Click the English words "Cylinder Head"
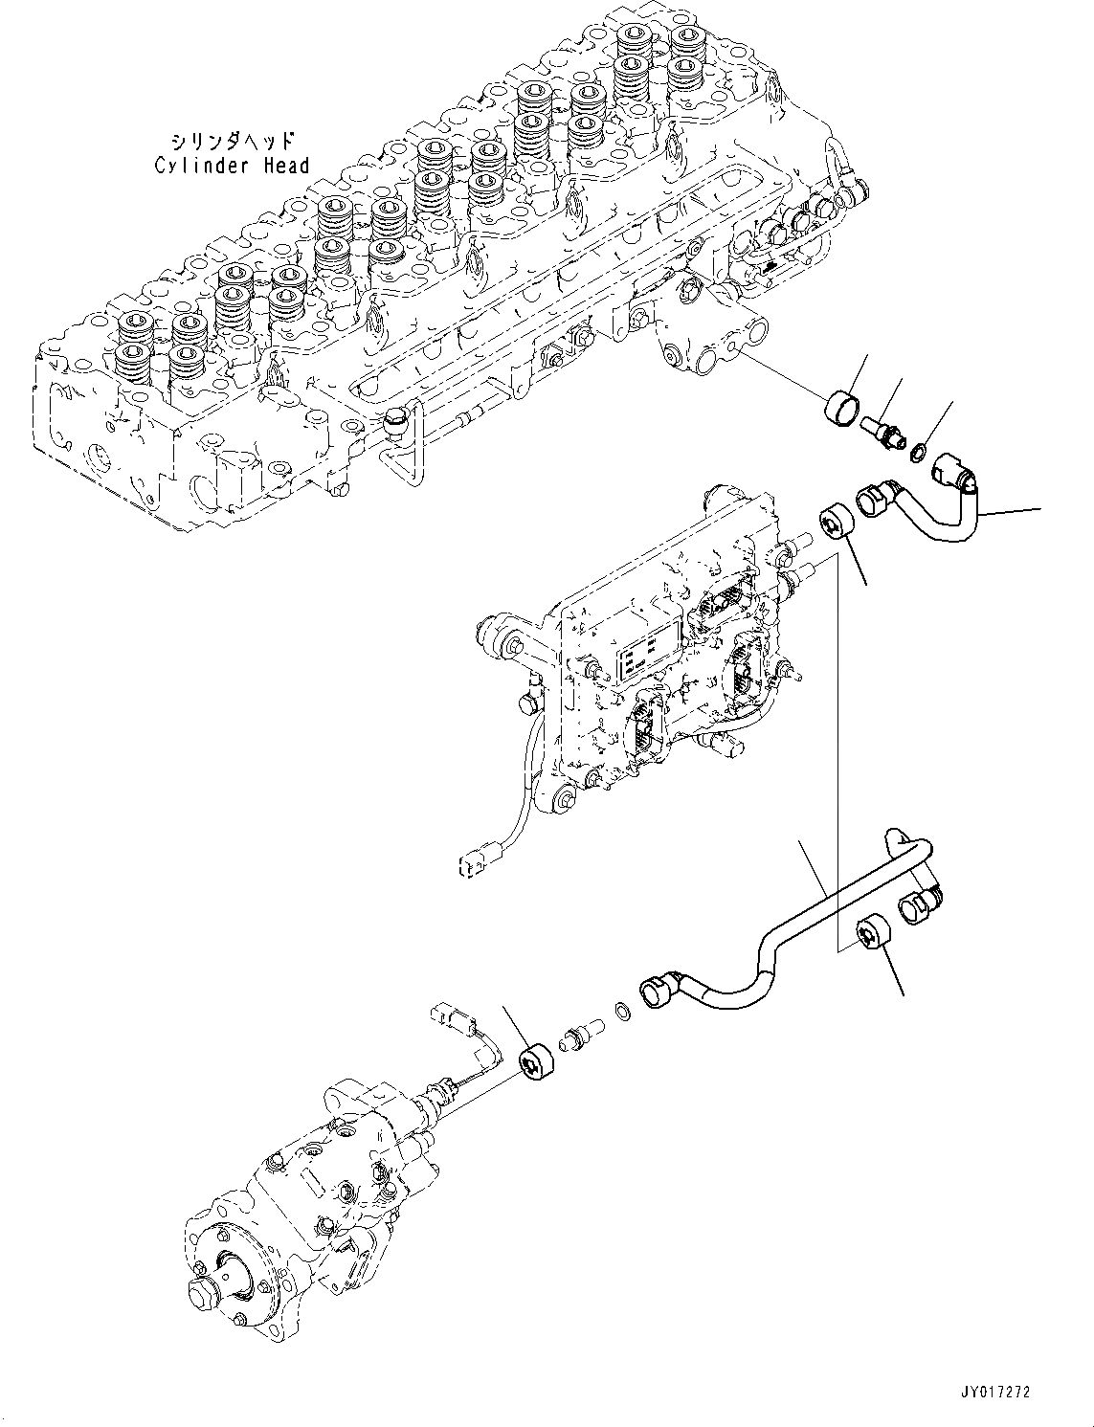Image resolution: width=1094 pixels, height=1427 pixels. (x=233, y=166)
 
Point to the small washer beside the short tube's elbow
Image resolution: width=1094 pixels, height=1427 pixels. (x=917, y=448)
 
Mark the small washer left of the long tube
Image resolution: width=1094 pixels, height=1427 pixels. (x=621, y=1011)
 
